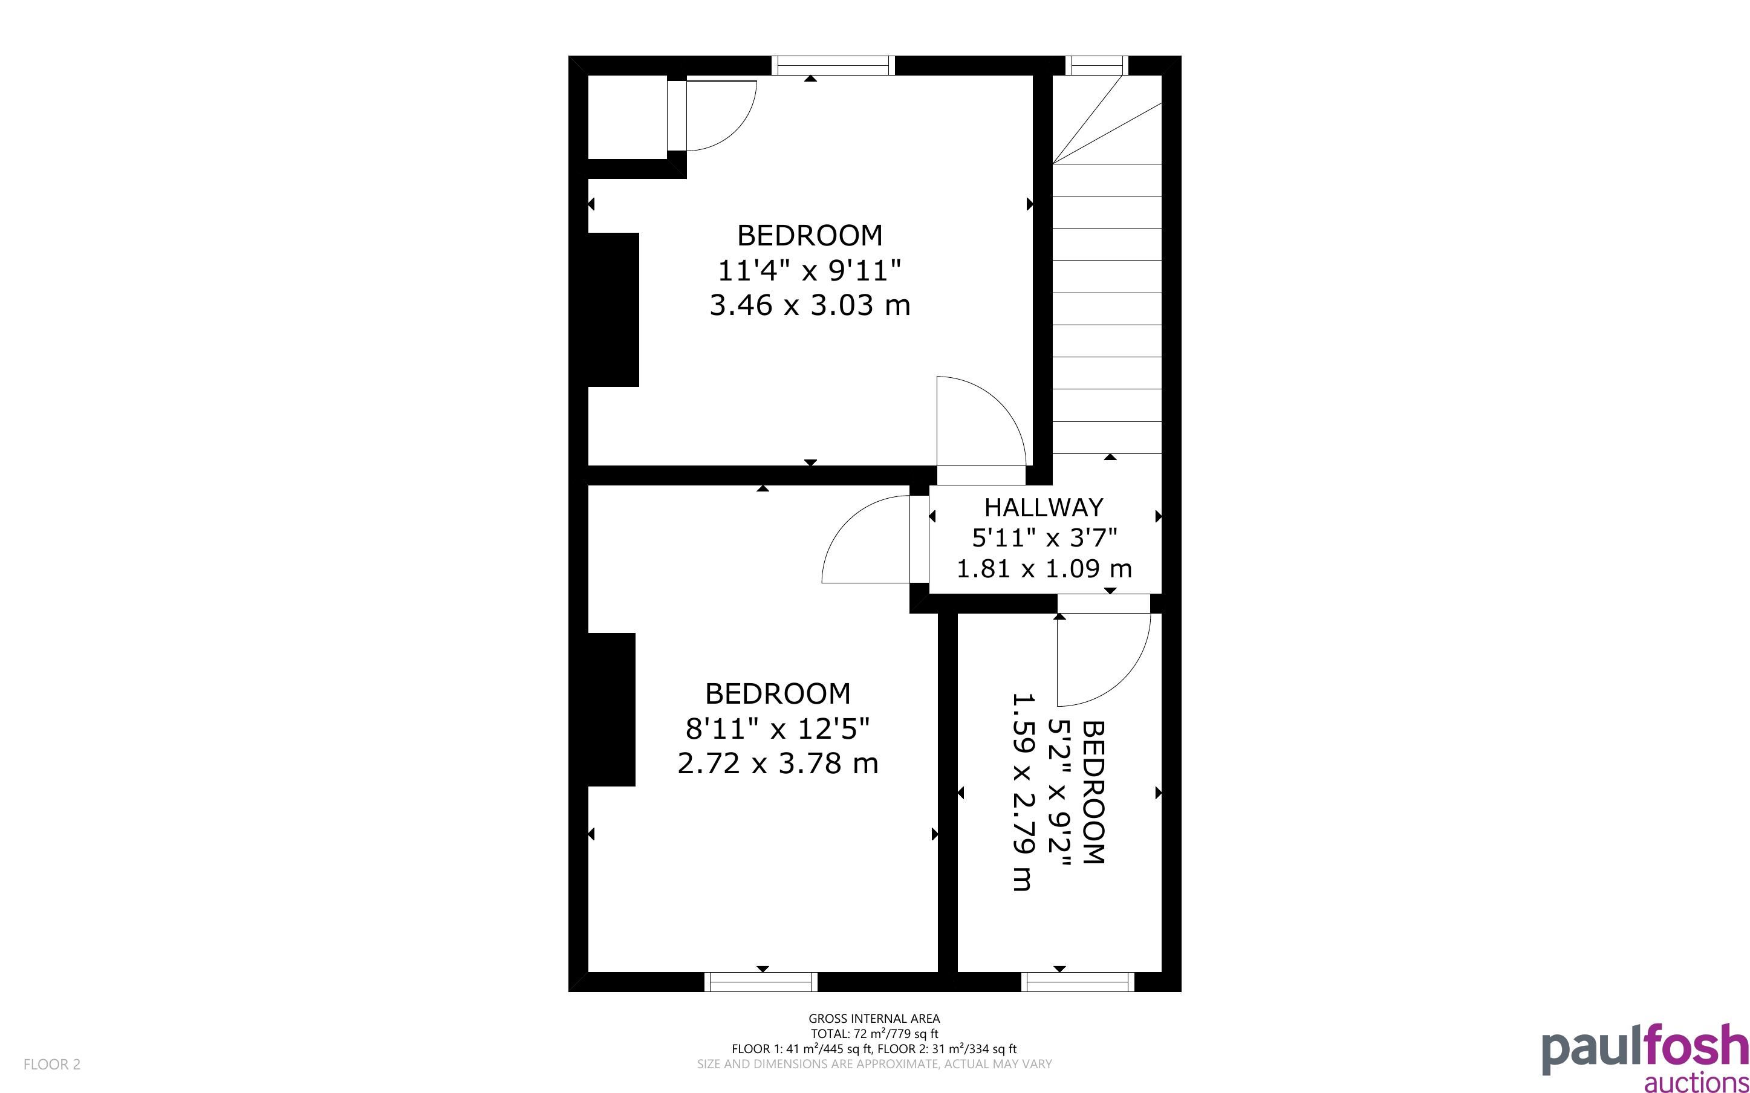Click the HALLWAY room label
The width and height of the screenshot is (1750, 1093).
(x=1043, y=507)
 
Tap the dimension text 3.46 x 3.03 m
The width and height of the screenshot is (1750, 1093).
(x=810, y=305)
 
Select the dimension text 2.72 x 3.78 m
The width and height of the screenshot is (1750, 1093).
(x=778, y=764)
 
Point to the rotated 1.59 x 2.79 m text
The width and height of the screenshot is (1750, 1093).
(x=1023, y=793)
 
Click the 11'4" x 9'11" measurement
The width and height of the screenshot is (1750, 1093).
(x=810, y=270)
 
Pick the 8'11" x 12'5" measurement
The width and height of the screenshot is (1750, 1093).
(x=778, y=728)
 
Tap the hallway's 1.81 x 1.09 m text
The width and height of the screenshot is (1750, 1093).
(x=1044, y=569)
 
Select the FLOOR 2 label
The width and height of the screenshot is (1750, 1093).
(x=52, y=1064)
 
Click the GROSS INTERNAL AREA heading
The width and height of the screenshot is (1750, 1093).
(x=874, y=1019)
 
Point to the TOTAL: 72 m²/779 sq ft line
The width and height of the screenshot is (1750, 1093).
(x=874, y=1034)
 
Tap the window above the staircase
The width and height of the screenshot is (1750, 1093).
(x=1096, y=66)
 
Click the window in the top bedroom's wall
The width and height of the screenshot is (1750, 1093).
(x=833, y=66)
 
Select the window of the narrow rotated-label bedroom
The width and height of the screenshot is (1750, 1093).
(x=1078, y=982)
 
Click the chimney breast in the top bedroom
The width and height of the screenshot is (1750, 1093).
(x=613, y=310)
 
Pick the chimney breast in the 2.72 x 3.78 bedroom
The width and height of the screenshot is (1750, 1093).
(x=611, y=709)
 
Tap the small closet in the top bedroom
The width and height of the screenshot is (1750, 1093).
(x=628, y=117)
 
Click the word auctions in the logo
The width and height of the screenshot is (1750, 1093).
(x=1696, y=1082)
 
